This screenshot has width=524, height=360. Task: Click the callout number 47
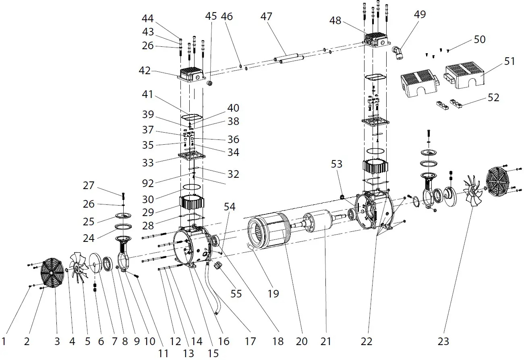point(266,17)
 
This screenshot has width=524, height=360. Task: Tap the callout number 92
point(148,183)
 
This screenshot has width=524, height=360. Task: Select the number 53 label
point(336,164)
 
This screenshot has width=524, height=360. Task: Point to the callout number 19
point(273,293)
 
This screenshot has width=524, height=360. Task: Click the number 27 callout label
point(89,185)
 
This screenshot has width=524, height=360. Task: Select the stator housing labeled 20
point(268,232)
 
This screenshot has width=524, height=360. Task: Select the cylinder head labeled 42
point(192,75)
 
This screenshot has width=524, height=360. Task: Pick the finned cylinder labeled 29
point(192,204)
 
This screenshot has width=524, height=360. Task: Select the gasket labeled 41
point(192,117)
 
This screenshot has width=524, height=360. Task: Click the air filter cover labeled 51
point(465,75)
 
